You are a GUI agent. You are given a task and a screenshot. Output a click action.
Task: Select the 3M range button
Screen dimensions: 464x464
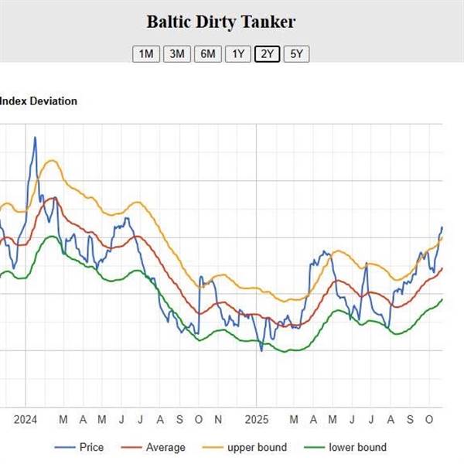[177, 53]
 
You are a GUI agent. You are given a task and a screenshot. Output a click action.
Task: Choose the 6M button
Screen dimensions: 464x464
[207, 53]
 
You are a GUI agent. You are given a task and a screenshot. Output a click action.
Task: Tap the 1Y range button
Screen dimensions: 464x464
[237, 53]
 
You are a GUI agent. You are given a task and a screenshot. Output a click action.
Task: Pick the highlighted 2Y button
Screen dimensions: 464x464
[267, 53]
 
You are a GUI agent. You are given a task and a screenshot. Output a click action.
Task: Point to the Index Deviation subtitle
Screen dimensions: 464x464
[38, 101]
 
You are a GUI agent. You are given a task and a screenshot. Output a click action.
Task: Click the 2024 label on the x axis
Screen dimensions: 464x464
[25, 419]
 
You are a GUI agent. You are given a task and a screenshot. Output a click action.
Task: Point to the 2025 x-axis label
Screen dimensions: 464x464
[256, 419]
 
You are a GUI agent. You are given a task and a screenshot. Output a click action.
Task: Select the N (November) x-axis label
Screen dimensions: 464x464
[218, 419]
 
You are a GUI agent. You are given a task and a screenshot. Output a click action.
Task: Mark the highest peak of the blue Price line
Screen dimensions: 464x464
[35, 138]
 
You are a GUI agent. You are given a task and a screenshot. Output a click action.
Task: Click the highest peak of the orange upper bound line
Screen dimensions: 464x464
[51, 160]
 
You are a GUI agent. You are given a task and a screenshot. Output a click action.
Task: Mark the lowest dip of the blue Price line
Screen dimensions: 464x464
[261, 351]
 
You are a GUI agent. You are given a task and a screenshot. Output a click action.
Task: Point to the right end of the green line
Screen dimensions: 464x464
[442, 299]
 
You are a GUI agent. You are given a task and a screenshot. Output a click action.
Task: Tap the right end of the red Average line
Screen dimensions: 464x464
[442, 268]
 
